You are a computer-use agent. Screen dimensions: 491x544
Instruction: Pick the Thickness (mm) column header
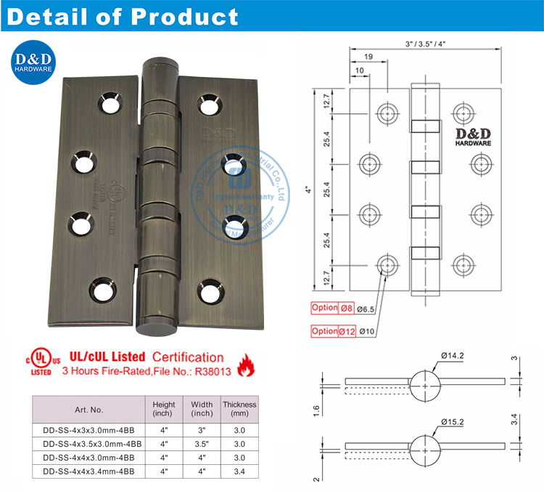(239, 409)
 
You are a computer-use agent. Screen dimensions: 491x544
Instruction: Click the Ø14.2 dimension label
(453, 355)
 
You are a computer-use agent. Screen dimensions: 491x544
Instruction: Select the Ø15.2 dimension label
(453, 421)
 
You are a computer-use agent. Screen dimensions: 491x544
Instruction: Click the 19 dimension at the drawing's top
(368, 57)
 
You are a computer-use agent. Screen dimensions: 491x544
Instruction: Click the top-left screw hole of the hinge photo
(110, 102)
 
